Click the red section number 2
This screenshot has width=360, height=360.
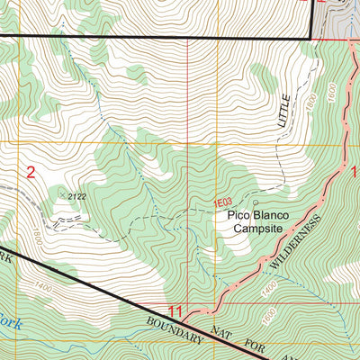click(x=31, y=173)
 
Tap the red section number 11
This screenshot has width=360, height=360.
click(x=176, y=311)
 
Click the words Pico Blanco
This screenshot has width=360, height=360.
click(x=247, y=217)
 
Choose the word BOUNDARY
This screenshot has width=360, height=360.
click(x=182, y=330)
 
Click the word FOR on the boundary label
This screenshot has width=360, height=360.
click(x=263, y=351)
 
